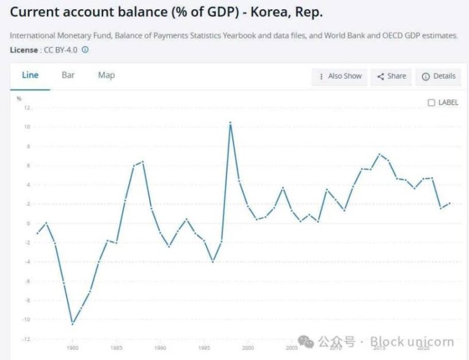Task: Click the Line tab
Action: (30, 75)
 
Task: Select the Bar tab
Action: (68, 75)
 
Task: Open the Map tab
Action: (106, 75)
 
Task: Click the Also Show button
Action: (340, 76)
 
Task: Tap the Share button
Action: (391, 76)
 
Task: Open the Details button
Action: (438, 76)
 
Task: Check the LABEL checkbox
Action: (432, 103)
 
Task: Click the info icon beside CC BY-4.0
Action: (85, 50)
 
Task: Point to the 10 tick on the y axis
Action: (27, 127)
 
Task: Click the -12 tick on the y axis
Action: (26, 339)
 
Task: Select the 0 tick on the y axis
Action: (28, 223)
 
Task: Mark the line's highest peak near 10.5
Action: (230, 123)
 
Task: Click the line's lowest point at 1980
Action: (73, 323)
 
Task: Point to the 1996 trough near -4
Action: (213, 262)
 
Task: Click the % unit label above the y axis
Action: (19, 98)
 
